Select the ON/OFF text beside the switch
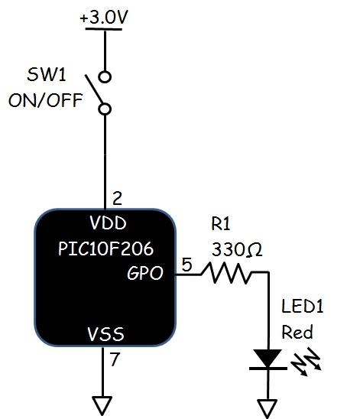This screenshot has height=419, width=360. pyautogui.click(x=45, y=100)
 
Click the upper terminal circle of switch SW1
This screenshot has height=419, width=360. pyautogui.click(x=105, y=76)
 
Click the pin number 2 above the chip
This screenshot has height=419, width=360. pyautogui.click(x=117, y=199)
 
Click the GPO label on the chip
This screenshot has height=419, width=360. pyautogui.click(x=145, y=273)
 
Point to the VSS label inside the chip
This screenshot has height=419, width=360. pyautogui.click(x=105, y=334)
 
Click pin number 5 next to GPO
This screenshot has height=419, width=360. pyautogui.click(x=186, y=265)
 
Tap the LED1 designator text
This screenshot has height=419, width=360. pyautogui.click(x=303, y=307)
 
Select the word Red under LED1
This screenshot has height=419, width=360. pyautogui.click(x=297, y=333)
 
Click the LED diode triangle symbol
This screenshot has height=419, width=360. pyautogui.click(x=268, y=359)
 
